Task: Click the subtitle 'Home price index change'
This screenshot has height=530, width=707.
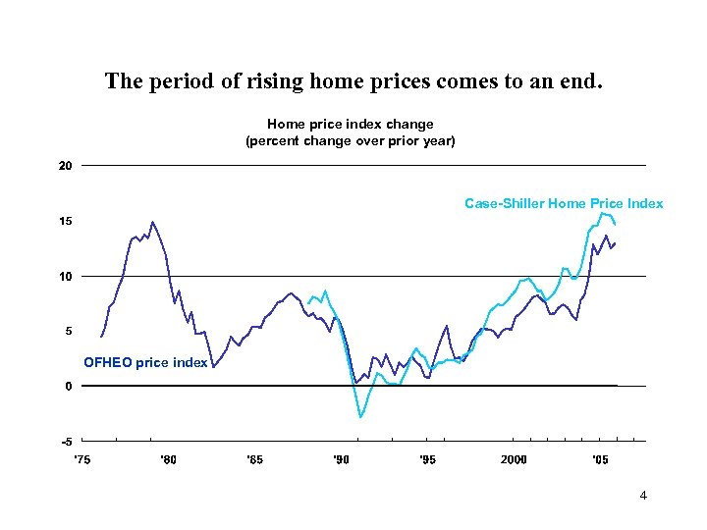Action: [351, 125]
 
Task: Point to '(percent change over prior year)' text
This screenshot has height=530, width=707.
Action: [351, 141]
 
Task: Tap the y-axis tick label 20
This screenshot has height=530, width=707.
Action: [65, 166]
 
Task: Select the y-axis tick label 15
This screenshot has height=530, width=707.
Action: [65, 221]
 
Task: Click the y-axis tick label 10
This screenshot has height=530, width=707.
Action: [65, 276]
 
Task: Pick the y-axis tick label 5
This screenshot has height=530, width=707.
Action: [68, 331]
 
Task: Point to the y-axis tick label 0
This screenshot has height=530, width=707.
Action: [68, 386]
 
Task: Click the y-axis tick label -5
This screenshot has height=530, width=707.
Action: [66, 441]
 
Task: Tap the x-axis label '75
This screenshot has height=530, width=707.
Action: [82, 459]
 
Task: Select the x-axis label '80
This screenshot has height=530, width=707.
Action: [169, 459]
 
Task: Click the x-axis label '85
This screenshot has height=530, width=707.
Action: [254, 459]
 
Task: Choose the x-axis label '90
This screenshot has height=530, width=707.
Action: [341, 459]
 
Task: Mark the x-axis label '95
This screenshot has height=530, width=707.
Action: [427, 459]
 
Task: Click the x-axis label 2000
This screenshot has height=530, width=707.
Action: [514, 459]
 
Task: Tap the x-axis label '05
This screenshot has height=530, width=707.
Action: [599, 459]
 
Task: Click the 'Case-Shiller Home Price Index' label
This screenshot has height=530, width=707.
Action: [564, 204]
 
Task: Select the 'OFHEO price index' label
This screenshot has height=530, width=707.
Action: [145, 363]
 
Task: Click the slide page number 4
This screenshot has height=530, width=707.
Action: [643, 496]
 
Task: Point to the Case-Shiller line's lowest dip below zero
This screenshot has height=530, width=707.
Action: [360, 417]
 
